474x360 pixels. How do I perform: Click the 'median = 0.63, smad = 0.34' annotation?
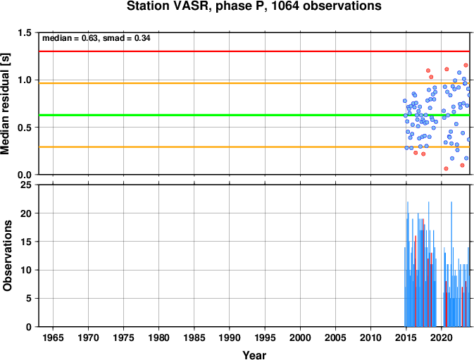click(x=96, y=38)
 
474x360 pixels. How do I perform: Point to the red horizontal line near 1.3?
click(x=254, y=51)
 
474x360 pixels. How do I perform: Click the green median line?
click(x=254, y=115)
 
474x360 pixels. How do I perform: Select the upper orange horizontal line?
click(x=254, y=83)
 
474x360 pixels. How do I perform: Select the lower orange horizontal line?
click(x=254, y=147)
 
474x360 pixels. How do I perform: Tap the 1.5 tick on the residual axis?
click(x=25, y=32)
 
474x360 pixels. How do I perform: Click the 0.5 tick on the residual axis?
click(x=25, y=128)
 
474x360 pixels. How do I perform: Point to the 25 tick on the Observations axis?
click(x=26, y=185)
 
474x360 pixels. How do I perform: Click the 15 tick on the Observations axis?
click(x=26, y=242)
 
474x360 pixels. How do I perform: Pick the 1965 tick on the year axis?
click(x=53, y=337)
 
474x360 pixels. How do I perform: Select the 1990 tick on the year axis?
click(x=230, y=337)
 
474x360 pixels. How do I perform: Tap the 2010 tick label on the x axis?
click(x=370, y=337)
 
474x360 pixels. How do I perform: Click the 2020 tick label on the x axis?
click(x=442, y=337)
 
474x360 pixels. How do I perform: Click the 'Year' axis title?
click(x=254, y=355)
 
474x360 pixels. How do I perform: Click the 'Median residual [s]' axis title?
click(x=6, y=104)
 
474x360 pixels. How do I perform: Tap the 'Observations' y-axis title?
click(x=7, y=256)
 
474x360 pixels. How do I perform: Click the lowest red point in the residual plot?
click(x=446, y=168)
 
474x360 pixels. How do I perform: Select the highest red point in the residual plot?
click(x=466, y=66)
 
